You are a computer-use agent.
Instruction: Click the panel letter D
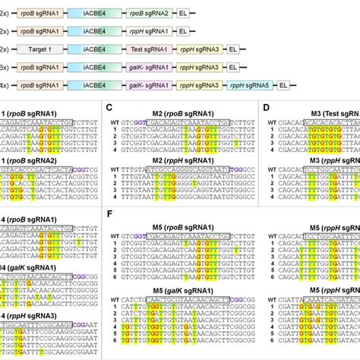265,107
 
